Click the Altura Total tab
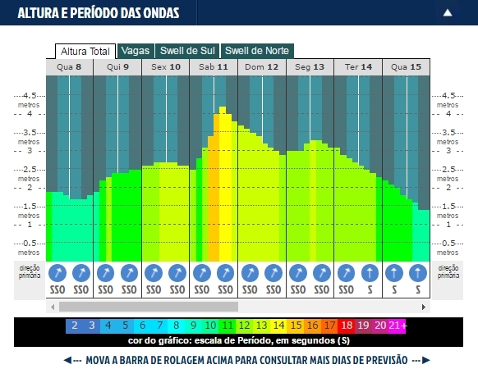(85, 51)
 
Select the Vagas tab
(135, 50)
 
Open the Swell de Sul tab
(187, 50)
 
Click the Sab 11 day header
(214, 67)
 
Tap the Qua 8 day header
(69, 67)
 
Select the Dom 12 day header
(261, 67)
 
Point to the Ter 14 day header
(357, 67)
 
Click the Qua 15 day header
(406, 67)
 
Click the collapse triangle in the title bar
(448, 12)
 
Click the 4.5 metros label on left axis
(30, 99)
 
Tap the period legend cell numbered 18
(348, 326)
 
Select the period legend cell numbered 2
(74, 326)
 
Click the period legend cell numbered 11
(228, 326)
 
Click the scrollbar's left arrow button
(53, 307)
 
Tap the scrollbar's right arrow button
(425, 307)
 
